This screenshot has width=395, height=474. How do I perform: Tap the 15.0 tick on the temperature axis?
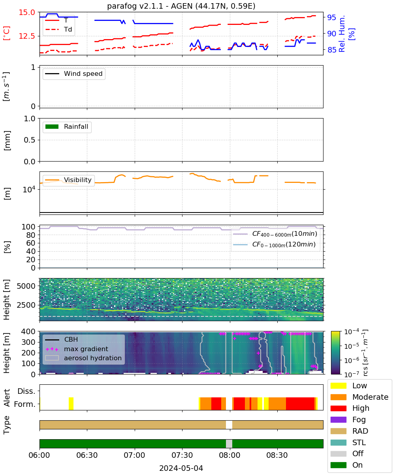coord(27,12)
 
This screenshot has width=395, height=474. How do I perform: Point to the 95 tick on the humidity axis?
coord(331,17)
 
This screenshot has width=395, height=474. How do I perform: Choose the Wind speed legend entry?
coord(74,73)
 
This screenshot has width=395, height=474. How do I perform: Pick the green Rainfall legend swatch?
coord(52,126)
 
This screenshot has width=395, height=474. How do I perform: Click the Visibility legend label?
coord(77,180)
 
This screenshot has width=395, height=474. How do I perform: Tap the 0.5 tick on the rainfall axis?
coord(30,140)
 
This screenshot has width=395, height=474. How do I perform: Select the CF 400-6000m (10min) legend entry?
coord(275,233)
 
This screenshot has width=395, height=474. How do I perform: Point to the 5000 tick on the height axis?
coord(26,286)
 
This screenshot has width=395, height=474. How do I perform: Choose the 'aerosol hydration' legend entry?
coord(83,358)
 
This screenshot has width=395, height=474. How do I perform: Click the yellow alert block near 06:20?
coord(71,403)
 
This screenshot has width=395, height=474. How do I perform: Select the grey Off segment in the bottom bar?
coord(229,444)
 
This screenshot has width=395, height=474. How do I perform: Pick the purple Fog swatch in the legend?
coord(338,419)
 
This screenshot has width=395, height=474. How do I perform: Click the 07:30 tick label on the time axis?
coord(182,455)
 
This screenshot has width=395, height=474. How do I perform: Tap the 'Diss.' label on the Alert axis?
coord(26,391)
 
